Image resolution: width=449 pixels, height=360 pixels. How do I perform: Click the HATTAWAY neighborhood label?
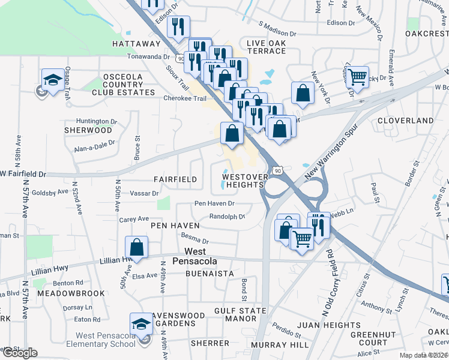pyautogui.click(x=136, y=44)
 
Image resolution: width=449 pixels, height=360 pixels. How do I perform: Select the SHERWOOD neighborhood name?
pyautogui.click(x=89, y=130)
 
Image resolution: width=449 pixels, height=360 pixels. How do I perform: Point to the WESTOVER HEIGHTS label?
pyautogui.click(x=243, y=181)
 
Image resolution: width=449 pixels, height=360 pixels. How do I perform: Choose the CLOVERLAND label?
pyautogui.click(x=406, y=121)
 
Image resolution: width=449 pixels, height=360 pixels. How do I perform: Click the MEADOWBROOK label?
pyautogui.click(x=71, y=293)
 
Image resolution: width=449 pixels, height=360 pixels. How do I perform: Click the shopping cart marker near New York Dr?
pyautogui.click(x=358, y=76)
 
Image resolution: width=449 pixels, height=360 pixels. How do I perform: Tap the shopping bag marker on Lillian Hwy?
pyautogui.click(x=137, y=247)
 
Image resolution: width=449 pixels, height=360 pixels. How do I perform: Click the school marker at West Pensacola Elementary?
pyautogui.click(x=142, y=324)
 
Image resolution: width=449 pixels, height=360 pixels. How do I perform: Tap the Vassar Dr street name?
pyautogui.click(x=144, y=194)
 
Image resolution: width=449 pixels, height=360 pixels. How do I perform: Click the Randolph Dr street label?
pyautogui.click(x=227, y=217)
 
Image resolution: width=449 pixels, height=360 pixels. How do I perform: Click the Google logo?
pyautogui.click(x=19, y=353)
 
